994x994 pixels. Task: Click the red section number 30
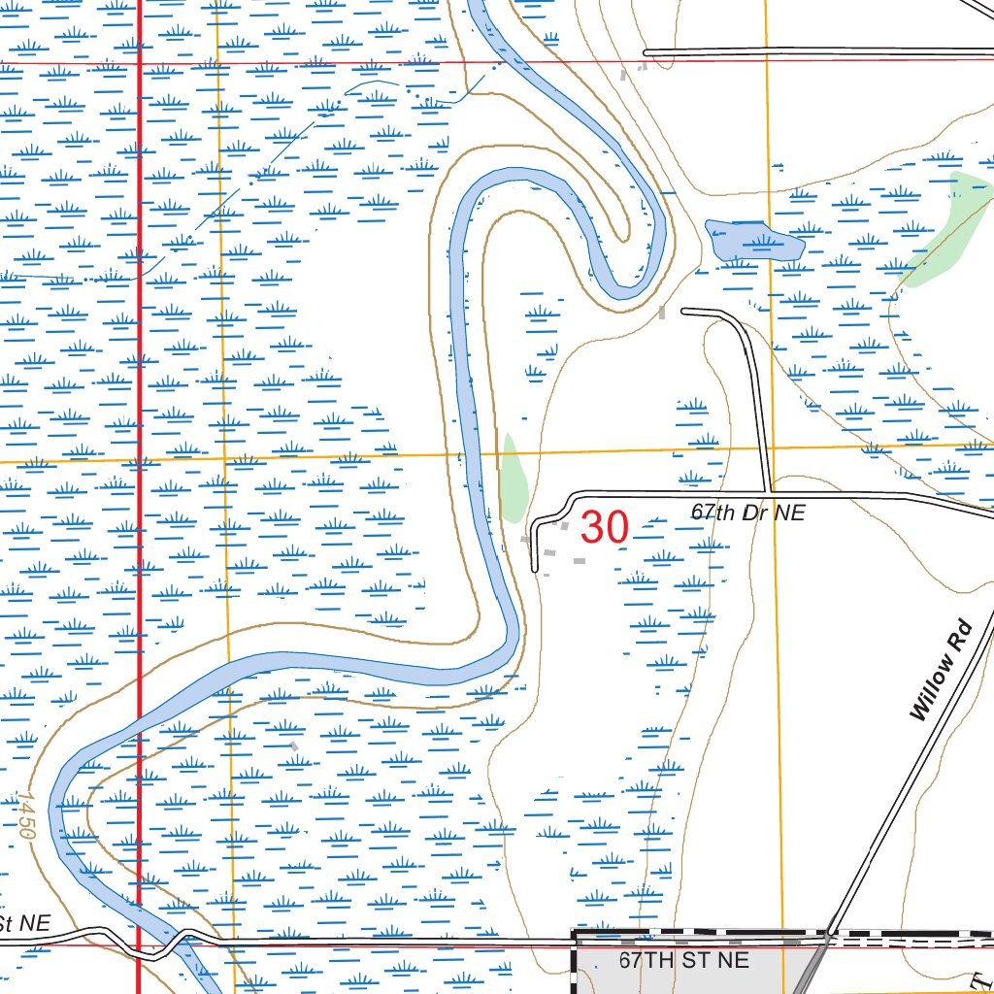coord(605,528)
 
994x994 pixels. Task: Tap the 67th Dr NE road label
coord(747,513)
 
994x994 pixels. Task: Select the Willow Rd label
coord(940,670)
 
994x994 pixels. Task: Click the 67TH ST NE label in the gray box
coord(684,960)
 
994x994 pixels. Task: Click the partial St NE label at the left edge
coord(24,923)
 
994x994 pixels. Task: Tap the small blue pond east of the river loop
coord(751,239)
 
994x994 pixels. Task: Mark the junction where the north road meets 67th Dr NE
coord(770,493)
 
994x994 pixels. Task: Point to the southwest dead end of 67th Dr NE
coord(535,569)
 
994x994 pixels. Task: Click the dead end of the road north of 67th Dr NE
coord(683,311)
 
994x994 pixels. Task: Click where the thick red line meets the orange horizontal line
coord(139,459)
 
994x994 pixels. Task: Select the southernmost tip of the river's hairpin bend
coord(621,292)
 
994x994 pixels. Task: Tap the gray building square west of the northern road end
coord(663,312)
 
